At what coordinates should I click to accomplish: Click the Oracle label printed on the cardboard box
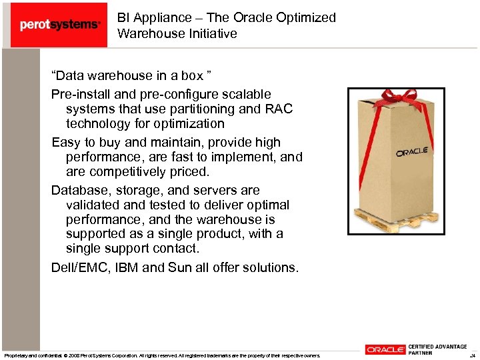411,152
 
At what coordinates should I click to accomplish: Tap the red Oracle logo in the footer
385,349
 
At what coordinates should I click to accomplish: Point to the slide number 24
473,355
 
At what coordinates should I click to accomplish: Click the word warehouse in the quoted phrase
117,75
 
